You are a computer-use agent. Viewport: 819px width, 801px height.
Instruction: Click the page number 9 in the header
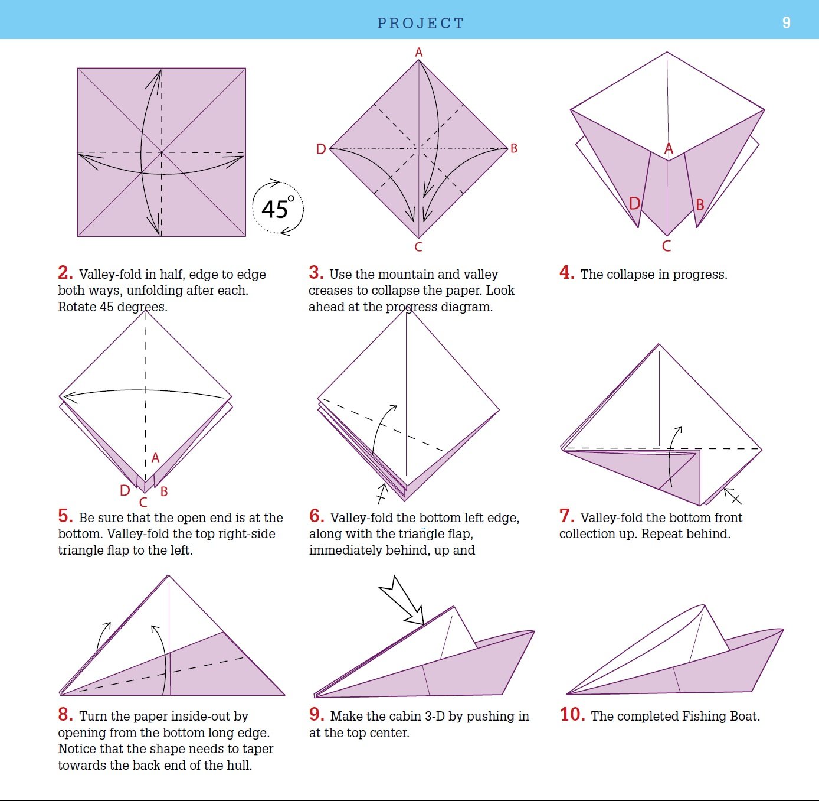click(786, 23)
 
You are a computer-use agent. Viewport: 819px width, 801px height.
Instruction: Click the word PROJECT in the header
click(421, 24)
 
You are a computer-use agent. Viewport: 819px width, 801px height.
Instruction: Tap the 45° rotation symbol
click(277, 209)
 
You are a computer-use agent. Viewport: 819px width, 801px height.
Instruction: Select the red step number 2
click(65, 273)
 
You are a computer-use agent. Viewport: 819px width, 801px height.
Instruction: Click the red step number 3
click(316, 273)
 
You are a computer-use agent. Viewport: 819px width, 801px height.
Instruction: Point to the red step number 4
click(566, 273)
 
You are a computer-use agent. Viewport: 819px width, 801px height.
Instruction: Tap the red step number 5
click(65, 516)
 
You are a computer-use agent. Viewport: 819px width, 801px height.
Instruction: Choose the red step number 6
click(316, 516)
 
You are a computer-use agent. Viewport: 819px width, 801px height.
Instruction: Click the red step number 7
click(566, 516)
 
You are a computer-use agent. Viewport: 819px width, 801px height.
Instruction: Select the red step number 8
click(65, 715)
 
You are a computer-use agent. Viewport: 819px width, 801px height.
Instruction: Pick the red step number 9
click(316, 715)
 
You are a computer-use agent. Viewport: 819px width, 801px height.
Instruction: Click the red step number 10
click(572, 715)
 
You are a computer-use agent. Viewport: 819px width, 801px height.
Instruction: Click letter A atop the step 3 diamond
click(419, 53)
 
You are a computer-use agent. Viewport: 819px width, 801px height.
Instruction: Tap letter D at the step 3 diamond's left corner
click(321, 149)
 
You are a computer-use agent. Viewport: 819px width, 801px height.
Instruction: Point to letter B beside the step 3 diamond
click(514, 148)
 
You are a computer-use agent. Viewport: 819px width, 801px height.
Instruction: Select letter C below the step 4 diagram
click(667, 246)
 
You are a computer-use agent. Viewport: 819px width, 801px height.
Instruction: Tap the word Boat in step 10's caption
click(743, 717)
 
